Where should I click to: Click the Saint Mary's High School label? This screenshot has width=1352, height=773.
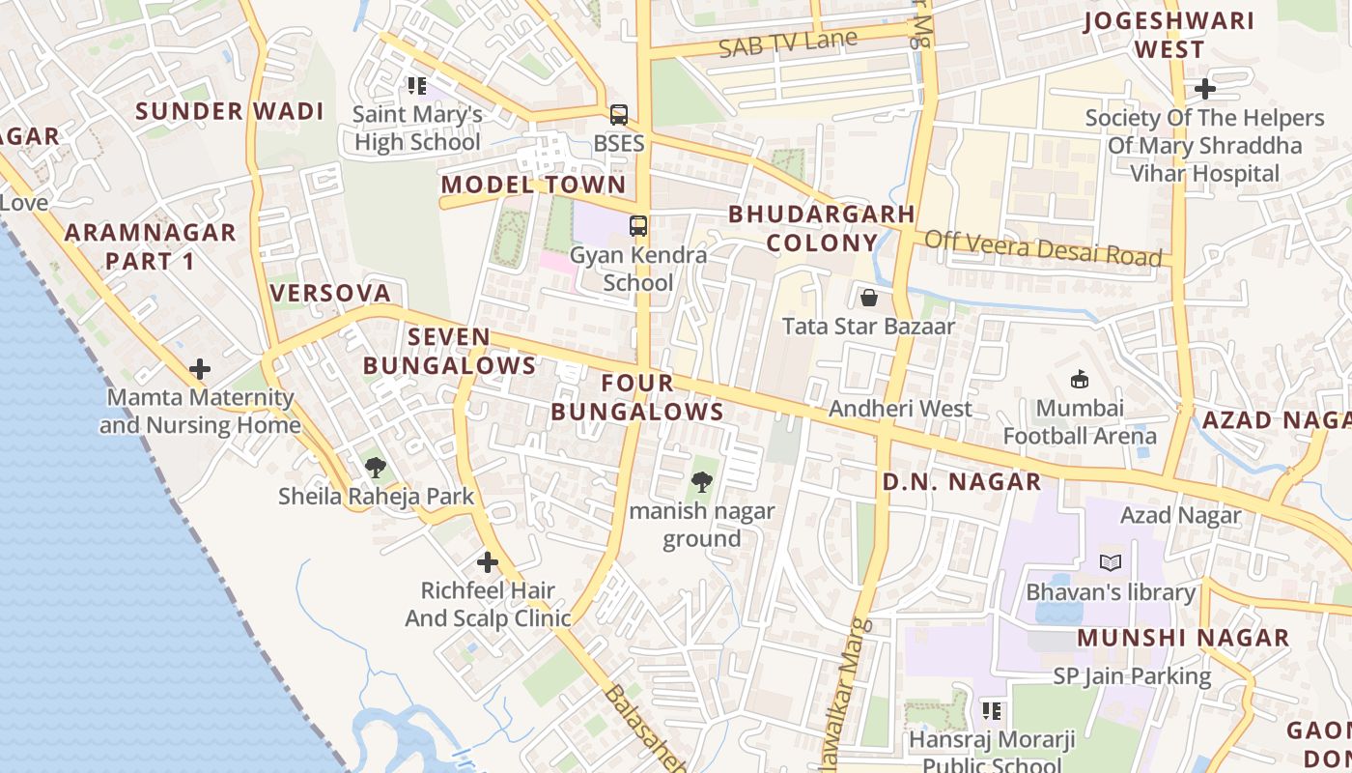pos(417,128)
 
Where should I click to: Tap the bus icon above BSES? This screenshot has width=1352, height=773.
pos(619,115)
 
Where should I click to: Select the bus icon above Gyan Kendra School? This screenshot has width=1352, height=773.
pos(637,226)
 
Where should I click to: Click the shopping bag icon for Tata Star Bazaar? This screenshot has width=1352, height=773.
pos(868,298)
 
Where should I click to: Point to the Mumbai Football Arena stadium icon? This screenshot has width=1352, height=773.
pos(1079,380)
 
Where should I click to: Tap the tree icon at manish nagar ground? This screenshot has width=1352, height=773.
pos(702,481)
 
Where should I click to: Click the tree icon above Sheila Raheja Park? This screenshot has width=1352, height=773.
pos(376,469)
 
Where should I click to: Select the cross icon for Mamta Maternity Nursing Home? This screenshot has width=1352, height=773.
pos(200,369)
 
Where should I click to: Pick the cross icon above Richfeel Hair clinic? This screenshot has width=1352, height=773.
pos(488,561)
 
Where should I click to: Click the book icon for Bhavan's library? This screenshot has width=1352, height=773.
pos(1111,562)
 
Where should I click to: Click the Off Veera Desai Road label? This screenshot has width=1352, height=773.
pos(1043,248)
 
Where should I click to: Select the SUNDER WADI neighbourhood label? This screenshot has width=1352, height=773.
pos(230,111)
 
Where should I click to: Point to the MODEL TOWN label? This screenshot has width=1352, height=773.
pos(533,185)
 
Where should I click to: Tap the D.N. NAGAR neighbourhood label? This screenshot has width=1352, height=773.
pos(962,481)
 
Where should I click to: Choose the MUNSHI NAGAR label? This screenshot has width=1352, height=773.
pos(1183,638)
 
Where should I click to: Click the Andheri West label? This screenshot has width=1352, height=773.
pos(900,409)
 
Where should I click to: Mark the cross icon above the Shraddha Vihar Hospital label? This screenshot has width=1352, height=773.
pos(1204,90)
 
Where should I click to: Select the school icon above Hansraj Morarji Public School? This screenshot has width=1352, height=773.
pos(991,711)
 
